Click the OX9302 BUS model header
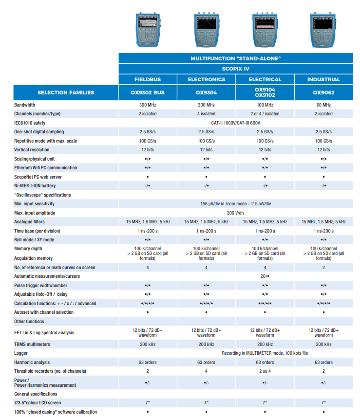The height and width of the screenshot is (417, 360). tap(148, 92)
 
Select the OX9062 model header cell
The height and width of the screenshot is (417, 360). tap(323, 92)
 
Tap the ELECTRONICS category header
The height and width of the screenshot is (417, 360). tap(207, 79)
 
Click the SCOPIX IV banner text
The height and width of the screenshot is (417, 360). tap(236, 69)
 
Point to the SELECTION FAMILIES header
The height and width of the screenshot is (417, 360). tap(66, 92)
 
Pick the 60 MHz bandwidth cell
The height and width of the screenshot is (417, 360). tap(323, 105)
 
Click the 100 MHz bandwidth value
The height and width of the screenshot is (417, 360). tap(265, 105)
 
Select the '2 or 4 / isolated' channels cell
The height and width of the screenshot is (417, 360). tap(265, 114)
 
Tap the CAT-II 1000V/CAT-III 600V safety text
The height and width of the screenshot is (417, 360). tap(236, 123)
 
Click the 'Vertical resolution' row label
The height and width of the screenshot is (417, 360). tap(32, 150)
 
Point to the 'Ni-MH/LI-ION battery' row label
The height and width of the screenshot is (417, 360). tap(35, 185)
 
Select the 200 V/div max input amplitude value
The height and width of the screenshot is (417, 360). tap(236, 213)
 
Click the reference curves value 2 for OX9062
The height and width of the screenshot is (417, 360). tap(323, 268)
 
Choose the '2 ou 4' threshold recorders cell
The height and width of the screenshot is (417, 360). tap(265, 371)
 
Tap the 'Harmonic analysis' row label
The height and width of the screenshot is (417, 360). tap(32, 362)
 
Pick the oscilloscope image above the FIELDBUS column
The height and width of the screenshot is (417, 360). tap(148, 30)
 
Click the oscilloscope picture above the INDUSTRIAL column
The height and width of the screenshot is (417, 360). tap(323, 30)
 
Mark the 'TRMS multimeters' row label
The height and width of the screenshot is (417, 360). tap(32, 344)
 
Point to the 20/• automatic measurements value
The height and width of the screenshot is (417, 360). tap(265, 276)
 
